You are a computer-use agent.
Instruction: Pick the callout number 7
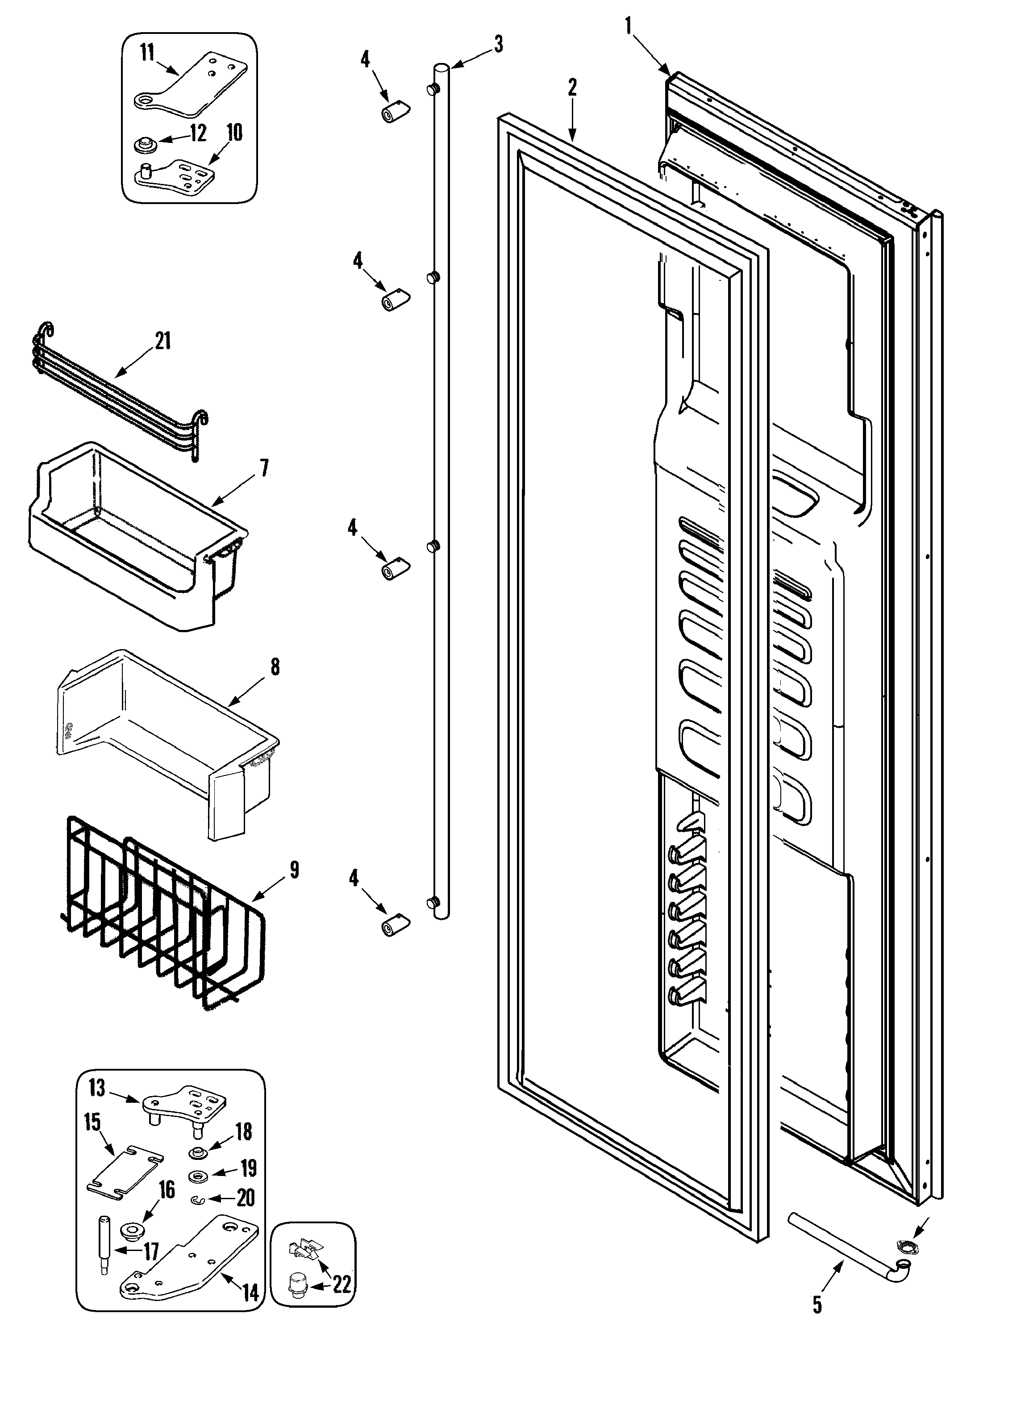(x=264, y=467)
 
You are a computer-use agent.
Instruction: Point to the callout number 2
(x=572, y=87)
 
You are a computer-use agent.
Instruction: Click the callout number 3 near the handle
(x=498, y=45)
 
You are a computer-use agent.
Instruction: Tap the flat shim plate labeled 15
(x=124, y=1171)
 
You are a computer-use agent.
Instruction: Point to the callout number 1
(x=628, y=26)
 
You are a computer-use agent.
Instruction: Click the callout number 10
(x=234, y=132)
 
